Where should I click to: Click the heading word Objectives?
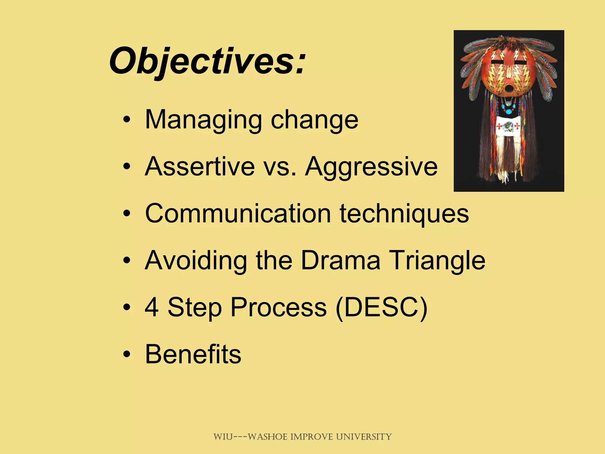[x=207, y=61]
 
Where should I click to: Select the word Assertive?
[x=200, y=166]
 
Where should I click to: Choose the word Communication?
[x=238, y=213]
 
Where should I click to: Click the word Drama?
[x=340, y=260]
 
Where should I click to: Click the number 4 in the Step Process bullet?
[x=152, y=307]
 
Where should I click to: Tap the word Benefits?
[x=193, y=354]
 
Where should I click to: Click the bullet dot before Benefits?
[x=127, y=354]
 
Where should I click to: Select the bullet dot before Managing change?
[x=127, y=120]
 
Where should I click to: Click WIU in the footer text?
[x=223, y=437]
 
